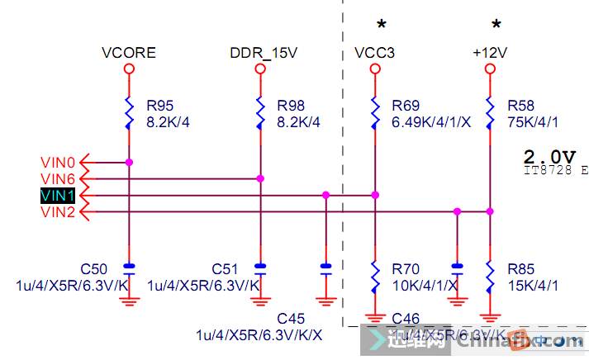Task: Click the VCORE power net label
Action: [129, 53]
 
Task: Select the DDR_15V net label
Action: [264, 53]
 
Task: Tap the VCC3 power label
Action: [374, 53]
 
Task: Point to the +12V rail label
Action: [489, 53]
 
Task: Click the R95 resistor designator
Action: [160, 106]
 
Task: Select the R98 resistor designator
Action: [292, 106]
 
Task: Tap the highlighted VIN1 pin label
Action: [58, 196]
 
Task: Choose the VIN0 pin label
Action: [58, 162]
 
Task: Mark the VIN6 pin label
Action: [58, 178]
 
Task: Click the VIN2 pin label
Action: [58, 212]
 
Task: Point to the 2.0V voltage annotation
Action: [549, 156]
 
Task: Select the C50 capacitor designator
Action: [93, 269]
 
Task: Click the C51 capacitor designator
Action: [226, 269]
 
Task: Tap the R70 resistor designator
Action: [406, 269]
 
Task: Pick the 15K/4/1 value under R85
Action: [534, 285]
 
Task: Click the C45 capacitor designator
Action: [291, 319]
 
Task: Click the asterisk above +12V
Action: [496, 24]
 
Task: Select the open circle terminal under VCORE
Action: [129, 70]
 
